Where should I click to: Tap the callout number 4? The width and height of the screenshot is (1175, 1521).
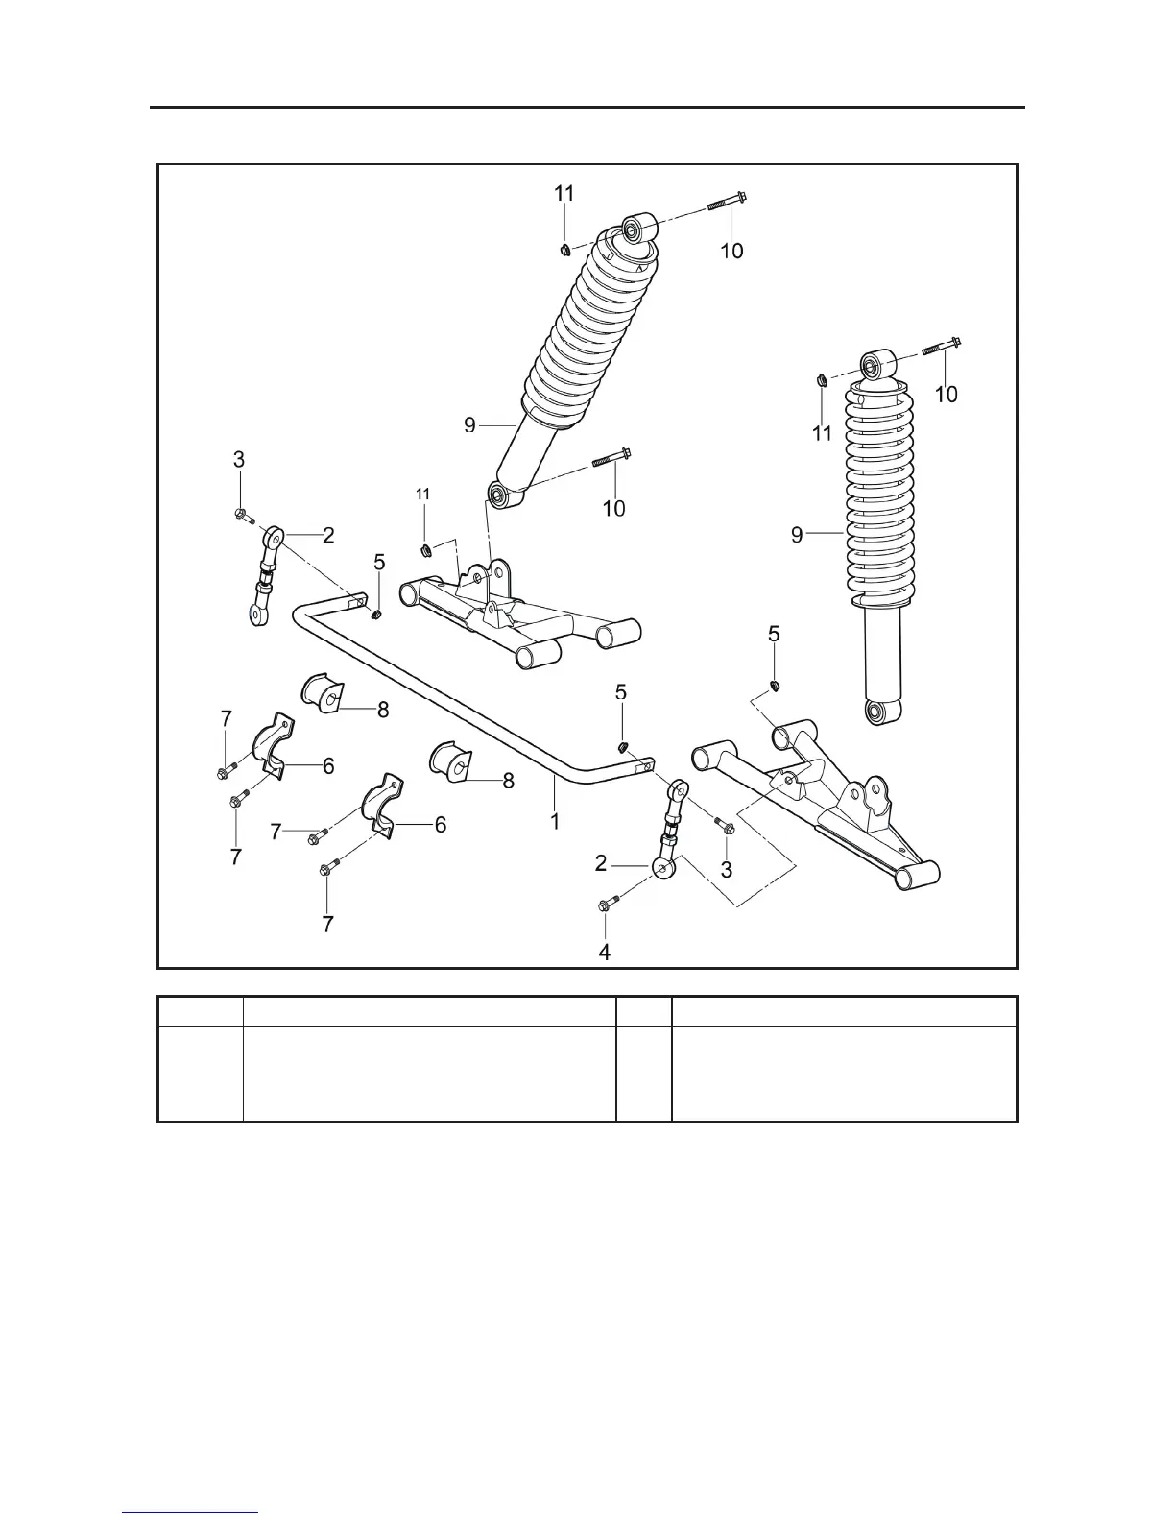(605, 952)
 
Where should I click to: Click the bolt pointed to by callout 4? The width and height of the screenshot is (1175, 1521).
(608, 904)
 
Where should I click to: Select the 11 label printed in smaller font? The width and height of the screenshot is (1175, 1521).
(422, 494)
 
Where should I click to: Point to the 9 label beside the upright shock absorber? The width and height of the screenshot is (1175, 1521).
(797, 535)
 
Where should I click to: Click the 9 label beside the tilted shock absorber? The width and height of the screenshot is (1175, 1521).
(470, 425)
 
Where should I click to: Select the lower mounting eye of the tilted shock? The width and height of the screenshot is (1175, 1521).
(501, 495)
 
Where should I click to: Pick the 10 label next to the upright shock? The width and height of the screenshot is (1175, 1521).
(947, 394)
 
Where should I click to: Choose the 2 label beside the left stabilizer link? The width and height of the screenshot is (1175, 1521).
(328, 535)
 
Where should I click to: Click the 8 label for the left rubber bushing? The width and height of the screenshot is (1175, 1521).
(383, 710)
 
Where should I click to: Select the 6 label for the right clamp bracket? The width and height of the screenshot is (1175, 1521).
(441, 824)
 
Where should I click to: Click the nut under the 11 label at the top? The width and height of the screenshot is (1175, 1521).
(565, 251)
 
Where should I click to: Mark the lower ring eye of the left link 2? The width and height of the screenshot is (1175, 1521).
(254, 615)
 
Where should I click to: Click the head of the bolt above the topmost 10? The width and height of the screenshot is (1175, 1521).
(741, 199)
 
